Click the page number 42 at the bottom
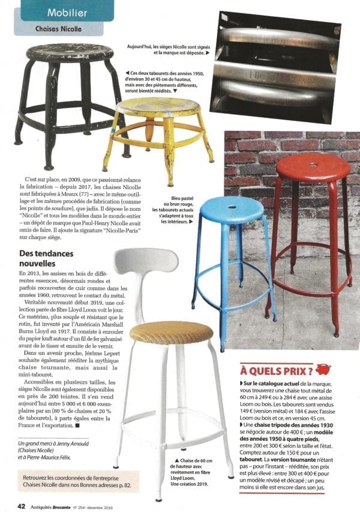21,506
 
